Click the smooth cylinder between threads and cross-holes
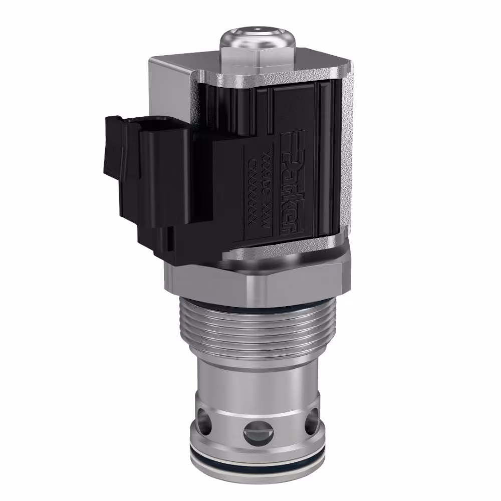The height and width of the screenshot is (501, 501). click(x=255, y=378)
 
